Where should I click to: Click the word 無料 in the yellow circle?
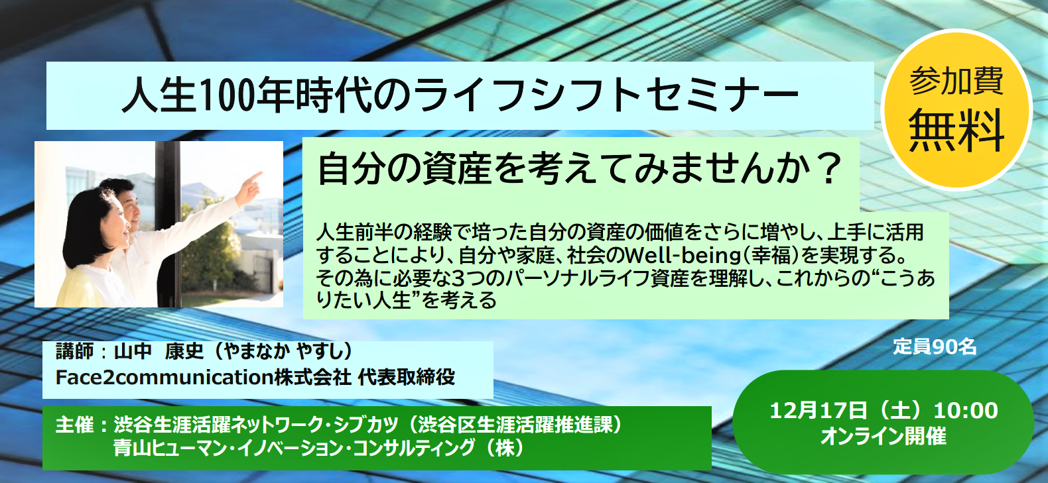tap(956, 131)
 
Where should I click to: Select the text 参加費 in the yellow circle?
tap(956, 81)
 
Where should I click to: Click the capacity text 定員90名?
tap(935, 347)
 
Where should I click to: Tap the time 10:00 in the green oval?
tap(966, 411)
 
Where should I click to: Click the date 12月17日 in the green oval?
tap(819, 411)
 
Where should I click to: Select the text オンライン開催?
tap(884, 436)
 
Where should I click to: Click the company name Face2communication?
tap(164, 377)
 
